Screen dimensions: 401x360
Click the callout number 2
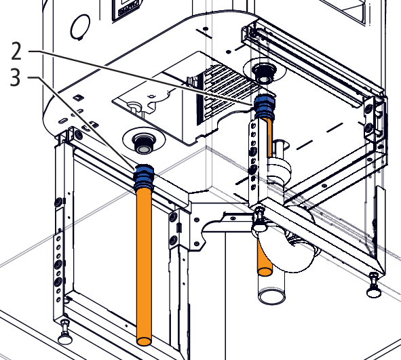point(16,52)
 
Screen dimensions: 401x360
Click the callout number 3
point(15,78)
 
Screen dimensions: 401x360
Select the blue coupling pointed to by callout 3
point(144,177)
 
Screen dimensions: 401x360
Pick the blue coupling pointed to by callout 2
point(265,106)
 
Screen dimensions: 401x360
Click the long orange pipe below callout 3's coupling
point(145,266)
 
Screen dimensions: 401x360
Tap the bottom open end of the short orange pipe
point(265,271)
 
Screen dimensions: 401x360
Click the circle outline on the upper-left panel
point(80,26)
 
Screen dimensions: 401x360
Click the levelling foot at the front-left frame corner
point(65,332)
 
